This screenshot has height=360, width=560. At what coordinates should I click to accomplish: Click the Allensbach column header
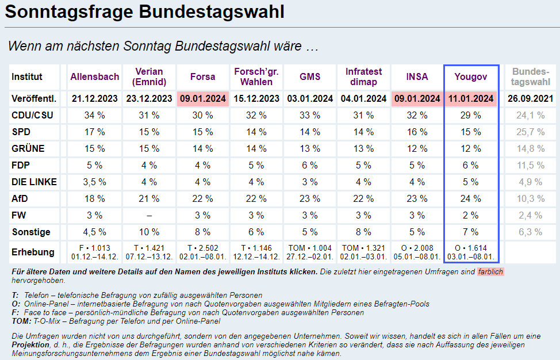click(x=95, y=76)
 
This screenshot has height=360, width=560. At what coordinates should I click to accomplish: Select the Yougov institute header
click(x=471, y=76)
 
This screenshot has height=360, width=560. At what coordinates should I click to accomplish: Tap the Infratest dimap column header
click(x=363, y=76)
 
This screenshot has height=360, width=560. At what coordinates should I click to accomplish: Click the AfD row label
click(x=20, y=198)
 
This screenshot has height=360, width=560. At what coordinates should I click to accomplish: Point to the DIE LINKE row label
click(x=34, y=182)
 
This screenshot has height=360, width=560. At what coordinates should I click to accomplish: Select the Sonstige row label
click(x=31, y=232)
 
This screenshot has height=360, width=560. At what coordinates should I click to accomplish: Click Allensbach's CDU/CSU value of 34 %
click(x=95, y=115)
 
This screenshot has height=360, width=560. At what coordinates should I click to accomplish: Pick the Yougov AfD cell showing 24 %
click(x=471, y=198)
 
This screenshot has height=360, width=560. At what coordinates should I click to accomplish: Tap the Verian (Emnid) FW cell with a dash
click(x=149, y=215)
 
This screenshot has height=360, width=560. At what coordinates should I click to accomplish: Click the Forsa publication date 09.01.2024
click(x=202, y=98)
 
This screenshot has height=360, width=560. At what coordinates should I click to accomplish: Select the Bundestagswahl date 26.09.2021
click(x=531, y=98)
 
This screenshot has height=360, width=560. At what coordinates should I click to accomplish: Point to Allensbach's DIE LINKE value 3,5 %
click(x=95, y=182)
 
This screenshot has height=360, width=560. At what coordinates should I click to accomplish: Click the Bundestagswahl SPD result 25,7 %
click(x=531, y=132)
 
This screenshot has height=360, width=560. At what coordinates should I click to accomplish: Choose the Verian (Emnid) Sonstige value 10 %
click(x=149, y=232)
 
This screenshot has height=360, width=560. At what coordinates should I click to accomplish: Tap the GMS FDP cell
click(x=310, y=165)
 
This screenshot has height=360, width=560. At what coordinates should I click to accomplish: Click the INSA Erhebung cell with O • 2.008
click(x=417, y=252)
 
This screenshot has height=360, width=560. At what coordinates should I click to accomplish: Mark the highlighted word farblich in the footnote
click(x=490, y=271)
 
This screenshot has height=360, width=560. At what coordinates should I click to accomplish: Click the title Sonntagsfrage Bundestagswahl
click(x=144, y=13)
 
